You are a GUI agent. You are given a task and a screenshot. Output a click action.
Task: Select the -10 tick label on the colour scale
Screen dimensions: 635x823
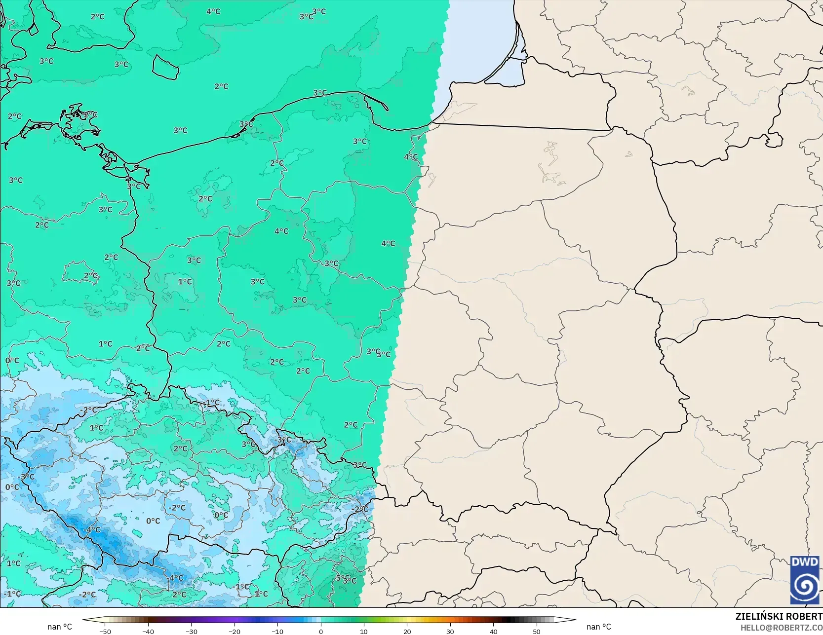click(x=277, y=631)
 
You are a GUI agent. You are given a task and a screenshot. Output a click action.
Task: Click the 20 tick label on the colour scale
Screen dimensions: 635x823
click(x=407, y=631)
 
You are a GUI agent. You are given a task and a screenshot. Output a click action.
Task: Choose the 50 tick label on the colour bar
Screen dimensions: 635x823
click(x=536, y=631)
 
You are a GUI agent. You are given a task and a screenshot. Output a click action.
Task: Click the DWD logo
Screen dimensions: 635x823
click(x=805, y=580)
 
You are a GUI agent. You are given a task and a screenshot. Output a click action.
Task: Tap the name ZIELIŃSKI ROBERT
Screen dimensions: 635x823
click(x=779, y=616)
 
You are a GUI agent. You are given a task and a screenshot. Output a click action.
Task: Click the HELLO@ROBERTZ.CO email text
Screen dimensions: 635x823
click(x=781, y=627)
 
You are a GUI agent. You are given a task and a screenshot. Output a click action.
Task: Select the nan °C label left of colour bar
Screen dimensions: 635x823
click(x=59, y=627)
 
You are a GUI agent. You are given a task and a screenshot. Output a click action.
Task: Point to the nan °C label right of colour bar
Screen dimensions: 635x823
click(x=598, y=627)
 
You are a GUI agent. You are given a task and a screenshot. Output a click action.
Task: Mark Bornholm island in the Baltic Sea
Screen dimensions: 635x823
click(x=165, y=67)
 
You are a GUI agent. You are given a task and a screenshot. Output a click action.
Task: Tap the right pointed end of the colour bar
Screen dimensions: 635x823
click(x=575, y=620)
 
